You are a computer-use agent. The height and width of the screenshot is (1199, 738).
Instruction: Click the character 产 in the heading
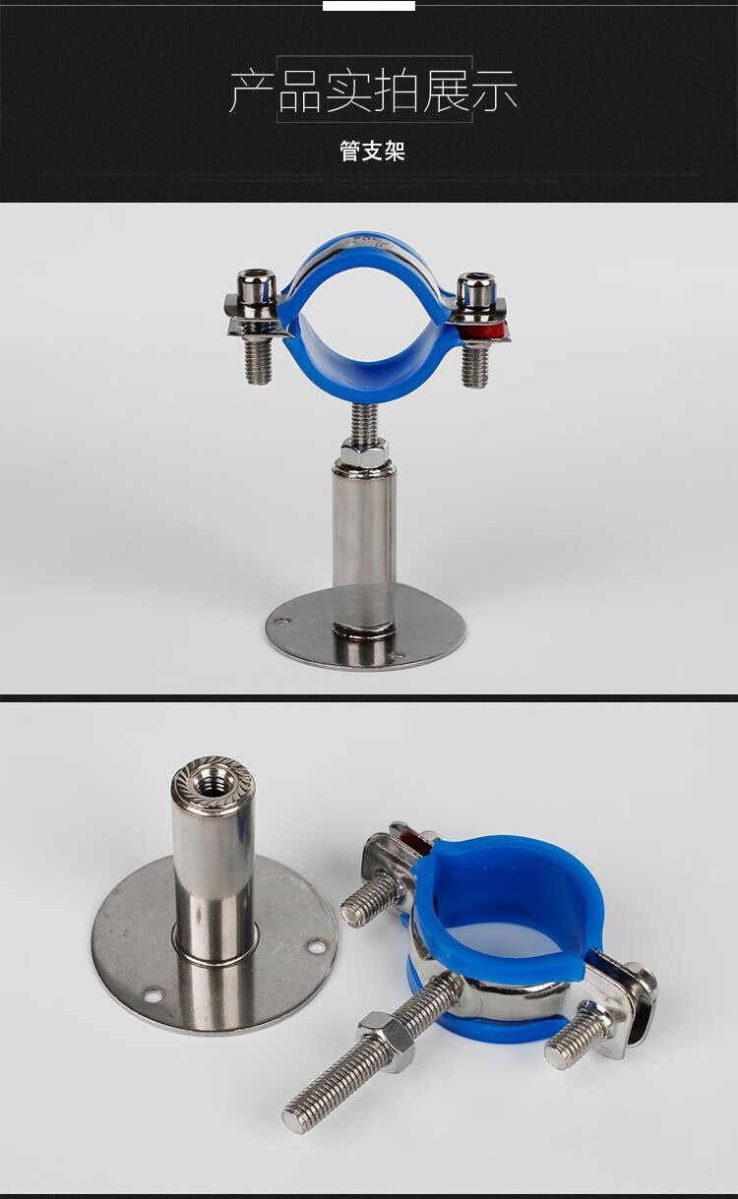coord(251,91)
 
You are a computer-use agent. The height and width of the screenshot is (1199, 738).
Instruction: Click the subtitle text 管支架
coord(372,150)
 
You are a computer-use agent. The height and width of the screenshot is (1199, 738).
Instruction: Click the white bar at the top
coord(369,5)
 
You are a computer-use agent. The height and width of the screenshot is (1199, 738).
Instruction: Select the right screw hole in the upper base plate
coord(397,655)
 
